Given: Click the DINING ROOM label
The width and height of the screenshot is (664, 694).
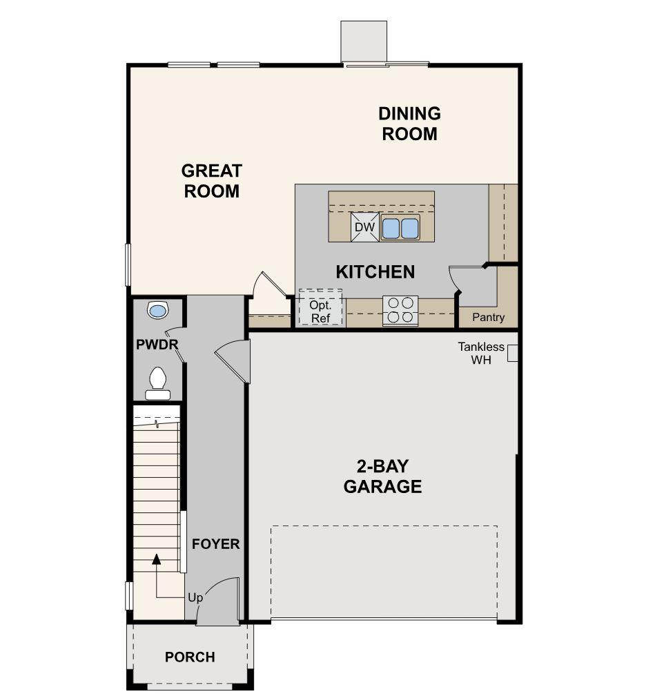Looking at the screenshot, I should click(409, 124).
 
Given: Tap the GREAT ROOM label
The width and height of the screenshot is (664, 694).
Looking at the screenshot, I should click(211, 181).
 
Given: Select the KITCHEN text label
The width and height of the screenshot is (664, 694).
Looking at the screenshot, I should click(375, 272).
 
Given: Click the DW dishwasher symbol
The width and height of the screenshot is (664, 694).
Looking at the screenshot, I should click(364, 227).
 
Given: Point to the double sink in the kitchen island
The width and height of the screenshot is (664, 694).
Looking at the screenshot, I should click(400, 227).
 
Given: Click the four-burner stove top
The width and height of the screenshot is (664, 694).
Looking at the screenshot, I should click(400, 310).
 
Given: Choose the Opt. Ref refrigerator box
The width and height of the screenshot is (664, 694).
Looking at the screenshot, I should click(320, 311).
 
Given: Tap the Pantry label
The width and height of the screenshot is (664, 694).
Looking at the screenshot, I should click(488, 318).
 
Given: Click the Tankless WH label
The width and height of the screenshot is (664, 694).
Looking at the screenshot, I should click(481, 354).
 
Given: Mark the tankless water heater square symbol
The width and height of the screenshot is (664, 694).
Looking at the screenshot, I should click(513, 354).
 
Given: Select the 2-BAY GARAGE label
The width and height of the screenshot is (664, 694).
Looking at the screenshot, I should click(382, 476).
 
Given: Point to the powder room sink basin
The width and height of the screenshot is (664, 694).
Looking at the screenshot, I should click(158, 311).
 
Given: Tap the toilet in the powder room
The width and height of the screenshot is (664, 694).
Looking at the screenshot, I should click(157, 383).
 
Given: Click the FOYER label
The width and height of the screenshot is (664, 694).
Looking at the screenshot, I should click(215, 544).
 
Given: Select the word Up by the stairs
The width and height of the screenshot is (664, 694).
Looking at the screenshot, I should click(195, 597).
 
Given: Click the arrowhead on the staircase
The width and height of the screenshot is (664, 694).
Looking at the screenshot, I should click(157, 559).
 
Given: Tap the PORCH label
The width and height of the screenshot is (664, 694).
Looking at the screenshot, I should click(190, 657).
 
